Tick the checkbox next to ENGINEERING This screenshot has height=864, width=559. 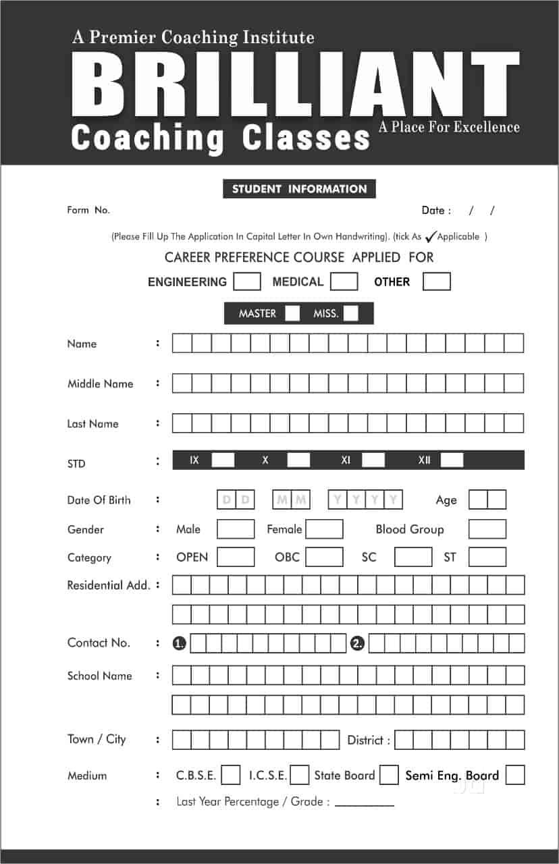pyautogui.click(x=246, y=281)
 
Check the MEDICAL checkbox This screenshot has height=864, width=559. pyautogui.click(x=344, y=281)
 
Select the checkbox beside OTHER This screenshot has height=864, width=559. pyautogui.click(x=436, y=281)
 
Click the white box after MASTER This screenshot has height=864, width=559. pyautogui.click(x=292, y=314)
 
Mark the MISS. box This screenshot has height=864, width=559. pyautogui.click(x=350, y=314)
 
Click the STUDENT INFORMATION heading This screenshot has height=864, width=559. pyautogui.click(x=299, y=189)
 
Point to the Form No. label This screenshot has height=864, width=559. pyautogui.click(x=88, y=211)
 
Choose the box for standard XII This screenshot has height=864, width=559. pyautogui.click(x=452, y=460)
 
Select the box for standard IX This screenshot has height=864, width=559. pyautogui.click(x=223, y=460)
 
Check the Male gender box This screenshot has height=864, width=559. pyautogui.click(x=236, y=529)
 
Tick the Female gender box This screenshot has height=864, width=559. pyautogui.click(x=324, y=529)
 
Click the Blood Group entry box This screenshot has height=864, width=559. pyautogui.click(x=487, y=529)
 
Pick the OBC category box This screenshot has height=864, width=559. pyautogui.click(x=324, y=558)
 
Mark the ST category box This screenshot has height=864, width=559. pyautogui.click(x=487, y=558)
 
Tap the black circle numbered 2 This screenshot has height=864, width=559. pyautogui.click(x=357, y=644)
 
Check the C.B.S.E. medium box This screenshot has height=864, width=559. pyautogui.click(x=231, y=775)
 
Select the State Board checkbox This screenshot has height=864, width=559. pyautogui.click(x=389, y=775)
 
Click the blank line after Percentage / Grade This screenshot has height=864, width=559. pyautogui.click(x=364, y=803)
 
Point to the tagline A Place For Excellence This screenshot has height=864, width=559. pyautogui.click(x=449, y=127)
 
